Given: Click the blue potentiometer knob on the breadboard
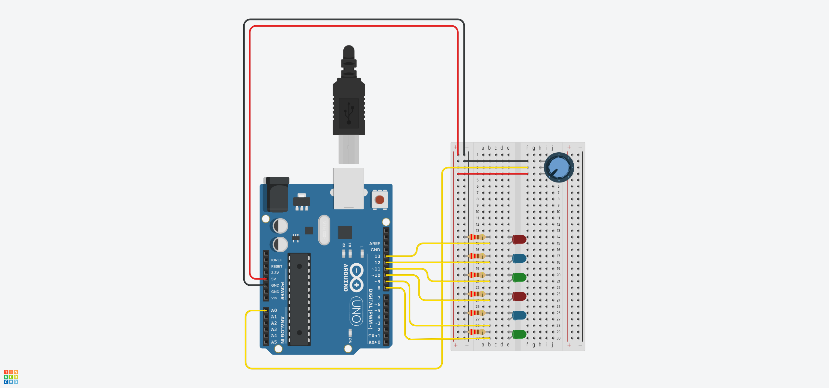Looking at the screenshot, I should click(559, 168).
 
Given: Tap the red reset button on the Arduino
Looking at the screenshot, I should click(379, 200).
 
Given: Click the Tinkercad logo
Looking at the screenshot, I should click(11, 377).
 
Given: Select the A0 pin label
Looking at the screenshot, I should click(274, 310).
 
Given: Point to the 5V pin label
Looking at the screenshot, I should click(274, 279).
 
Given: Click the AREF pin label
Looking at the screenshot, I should click(375, 244).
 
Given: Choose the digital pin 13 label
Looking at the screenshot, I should click(377, 256).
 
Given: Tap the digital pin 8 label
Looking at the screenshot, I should click(378, 288).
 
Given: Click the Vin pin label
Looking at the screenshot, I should click(274, 298).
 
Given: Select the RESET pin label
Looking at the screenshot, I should click(276, 266).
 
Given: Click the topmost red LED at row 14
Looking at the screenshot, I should click(519, 239).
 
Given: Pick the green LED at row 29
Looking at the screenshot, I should click(519, 334).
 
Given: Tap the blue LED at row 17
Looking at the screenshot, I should click(519, 258).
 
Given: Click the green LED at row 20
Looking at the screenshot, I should click(519, 277).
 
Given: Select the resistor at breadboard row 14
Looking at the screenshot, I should click(477, 237).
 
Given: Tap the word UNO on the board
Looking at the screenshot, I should click(356, 311).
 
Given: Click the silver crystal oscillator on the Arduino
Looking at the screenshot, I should click(324, 230).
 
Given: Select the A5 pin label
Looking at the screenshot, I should click(274, 342).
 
